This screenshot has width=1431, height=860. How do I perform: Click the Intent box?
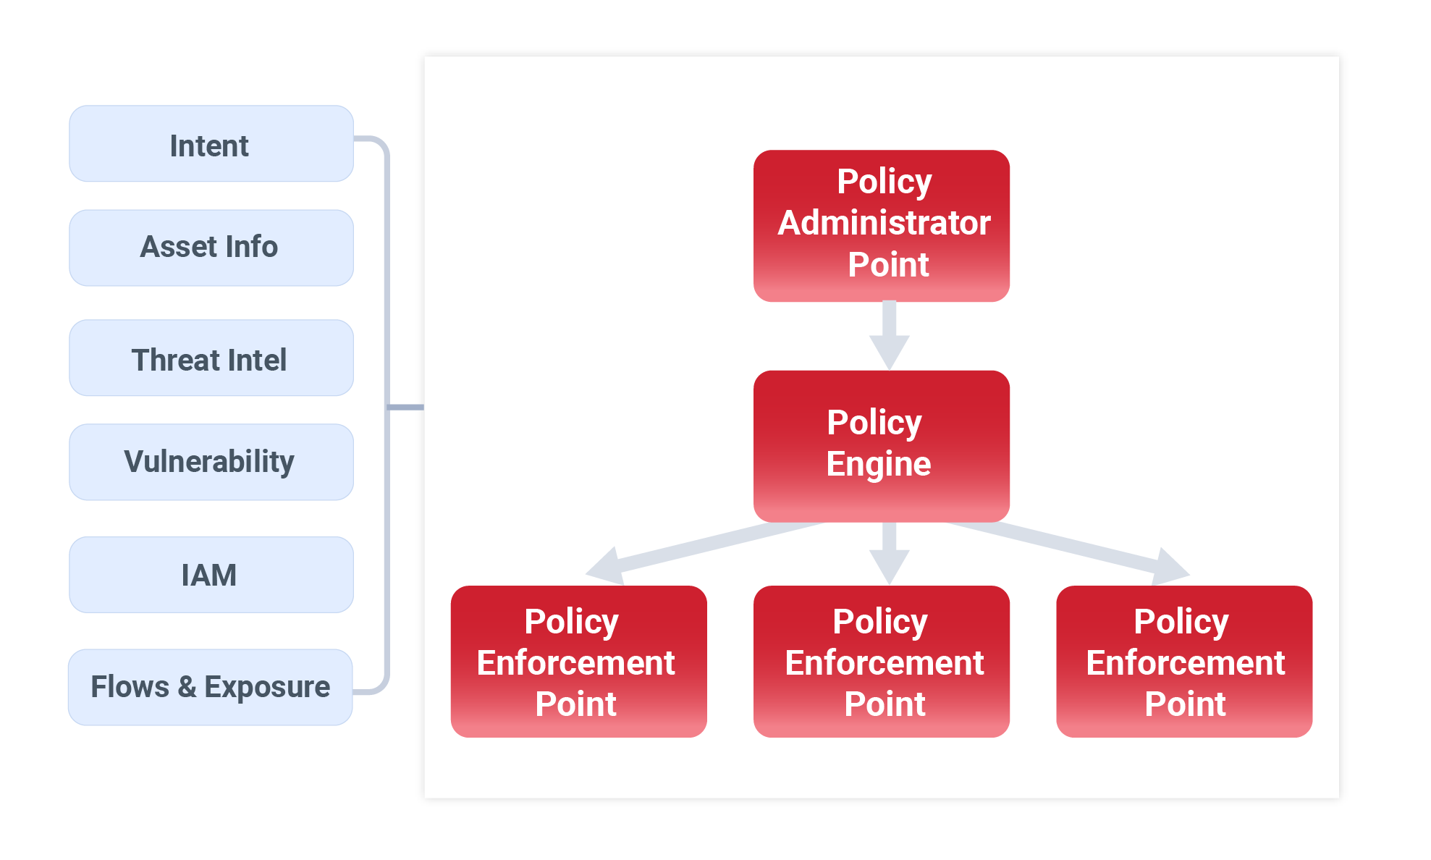tap(211, 144)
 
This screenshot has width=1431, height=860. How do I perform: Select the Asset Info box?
tap(211, 248)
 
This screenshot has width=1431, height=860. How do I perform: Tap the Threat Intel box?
tap(211, 358)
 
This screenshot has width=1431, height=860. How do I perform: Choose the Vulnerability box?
tap(211, 462)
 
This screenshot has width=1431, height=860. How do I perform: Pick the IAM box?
tap(211, 575)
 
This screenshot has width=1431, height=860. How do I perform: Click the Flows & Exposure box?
tap(210, 687)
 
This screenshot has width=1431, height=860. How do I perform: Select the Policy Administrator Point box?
tap(881, 225)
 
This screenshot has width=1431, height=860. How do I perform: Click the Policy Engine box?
tap(881, 446)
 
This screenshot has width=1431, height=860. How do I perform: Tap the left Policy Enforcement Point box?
tap(578, 662)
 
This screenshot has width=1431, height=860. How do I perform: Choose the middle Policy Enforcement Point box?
tap(881, 662)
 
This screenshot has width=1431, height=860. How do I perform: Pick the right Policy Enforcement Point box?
tap(1183, 662)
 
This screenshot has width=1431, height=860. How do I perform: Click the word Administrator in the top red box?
tap(884, 223)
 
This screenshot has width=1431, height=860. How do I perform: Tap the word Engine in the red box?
tap(878, 464)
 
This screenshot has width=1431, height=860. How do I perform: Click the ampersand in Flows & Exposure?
tap(187, 687)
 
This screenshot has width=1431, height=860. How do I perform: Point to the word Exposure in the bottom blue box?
tap(266, 687)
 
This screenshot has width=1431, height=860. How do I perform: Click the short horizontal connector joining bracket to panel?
tap(406, 408)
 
